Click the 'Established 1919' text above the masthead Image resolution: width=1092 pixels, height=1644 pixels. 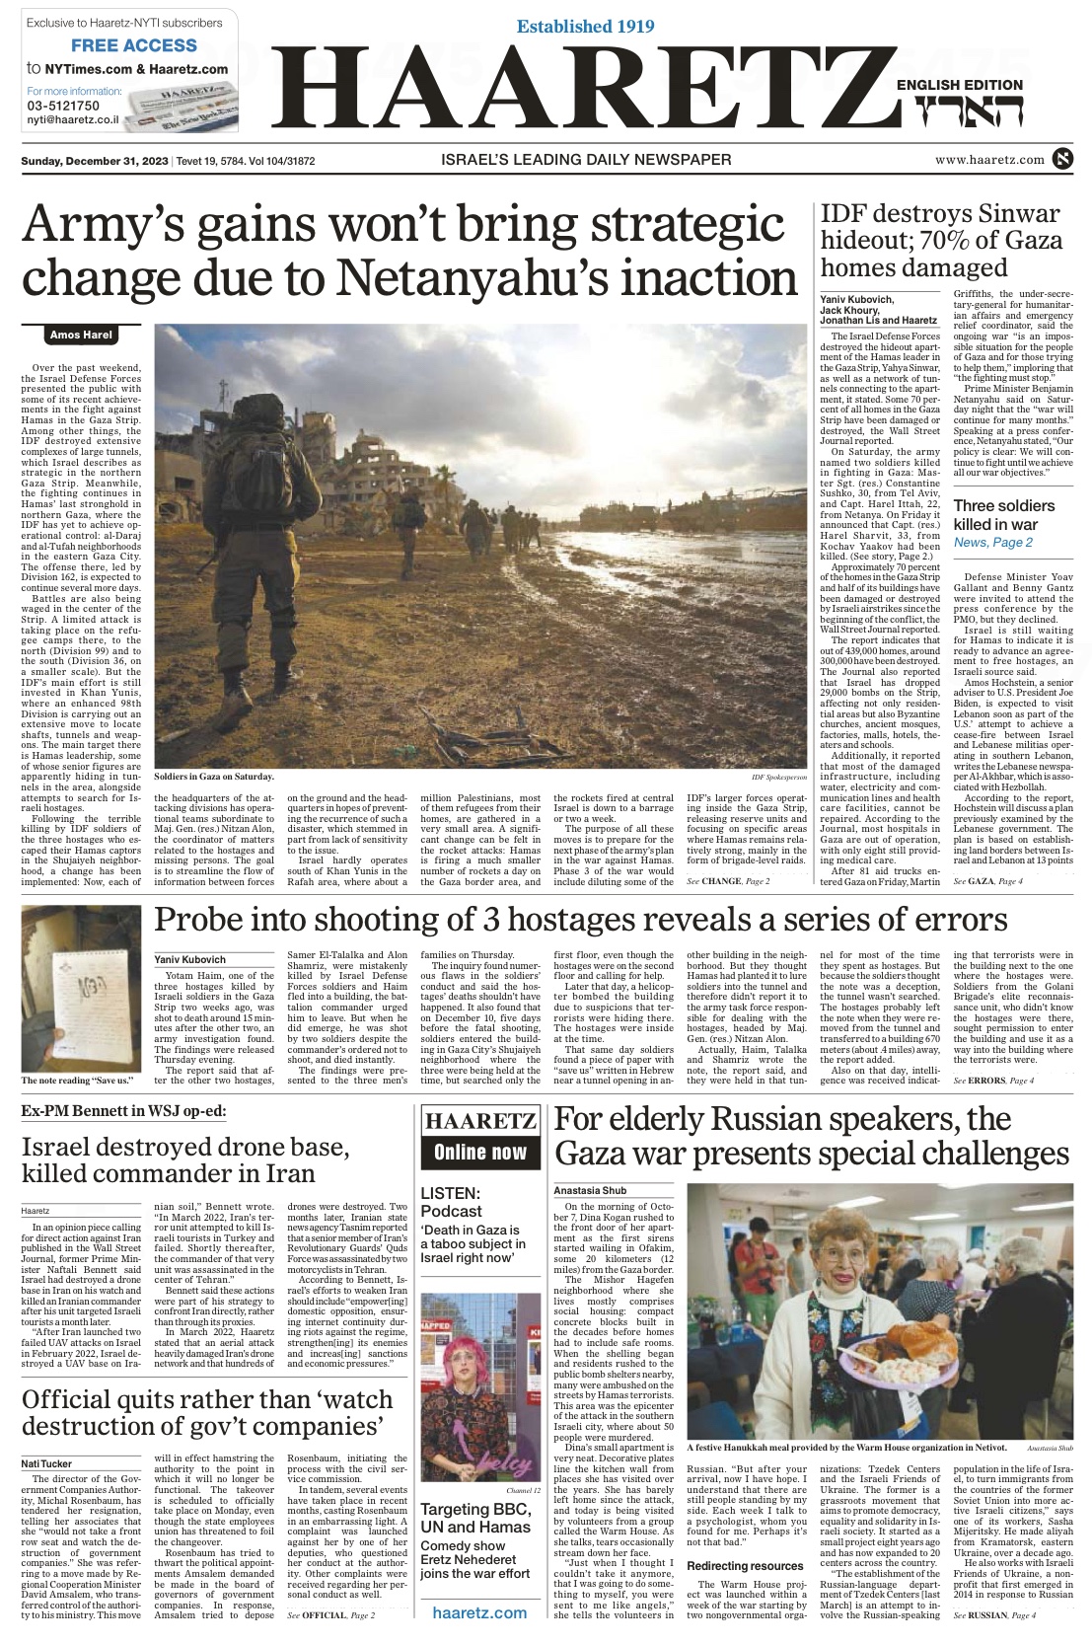585,27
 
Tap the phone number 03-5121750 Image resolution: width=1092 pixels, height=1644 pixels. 63,106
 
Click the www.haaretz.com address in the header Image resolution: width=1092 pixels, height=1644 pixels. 989,160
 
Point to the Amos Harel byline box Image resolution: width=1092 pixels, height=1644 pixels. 81,336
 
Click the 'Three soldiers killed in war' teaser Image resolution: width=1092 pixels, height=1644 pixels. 1003,515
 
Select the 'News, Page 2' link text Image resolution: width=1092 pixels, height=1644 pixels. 992,543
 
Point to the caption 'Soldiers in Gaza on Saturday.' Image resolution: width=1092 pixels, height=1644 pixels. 213,778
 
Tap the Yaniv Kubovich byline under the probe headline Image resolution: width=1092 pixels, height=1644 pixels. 190,959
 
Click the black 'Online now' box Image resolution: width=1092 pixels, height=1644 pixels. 480,1153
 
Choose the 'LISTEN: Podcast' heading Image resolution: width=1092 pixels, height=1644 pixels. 451,1202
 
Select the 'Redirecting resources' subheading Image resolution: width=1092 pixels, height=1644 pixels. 745,1566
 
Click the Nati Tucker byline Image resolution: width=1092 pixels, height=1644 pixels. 46,1464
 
